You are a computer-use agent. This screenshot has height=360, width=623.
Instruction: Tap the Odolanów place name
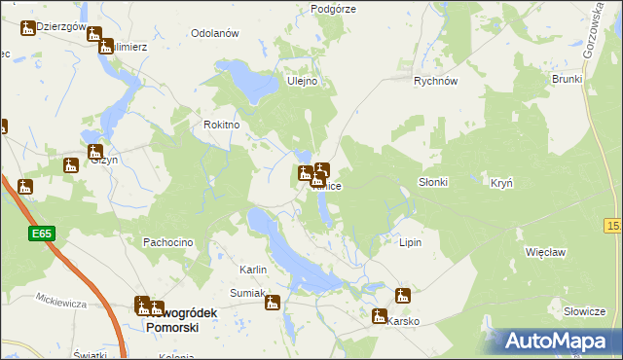click(215, 33)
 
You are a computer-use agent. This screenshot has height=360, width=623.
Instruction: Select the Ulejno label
click(302, 81)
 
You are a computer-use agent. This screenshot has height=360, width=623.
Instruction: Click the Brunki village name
click(567, 79)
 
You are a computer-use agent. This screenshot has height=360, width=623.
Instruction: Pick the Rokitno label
click(221, 125)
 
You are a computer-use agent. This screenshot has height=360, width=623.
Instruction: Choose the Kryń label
click(502, 183)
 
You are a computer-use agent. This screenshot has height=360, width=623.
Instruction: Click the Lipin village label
click(410, 242)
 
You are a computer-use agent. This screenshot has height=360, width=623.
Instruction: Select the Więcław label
click(545, 251)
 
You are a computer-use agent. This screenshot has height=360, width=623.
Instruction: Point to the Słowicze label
click(584, 311)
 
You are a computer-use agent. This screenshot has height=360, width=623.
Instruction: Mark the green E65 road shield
click(41, 234)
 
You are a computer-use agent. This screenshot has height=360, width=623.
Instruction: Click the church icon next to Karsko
click(379, 315)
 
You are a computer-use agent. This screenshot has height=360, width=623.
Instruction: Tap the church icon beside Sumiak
click(273, 303)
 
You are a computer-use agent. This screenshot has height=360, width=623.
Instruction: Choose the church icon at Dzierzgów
click(28, 28)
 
